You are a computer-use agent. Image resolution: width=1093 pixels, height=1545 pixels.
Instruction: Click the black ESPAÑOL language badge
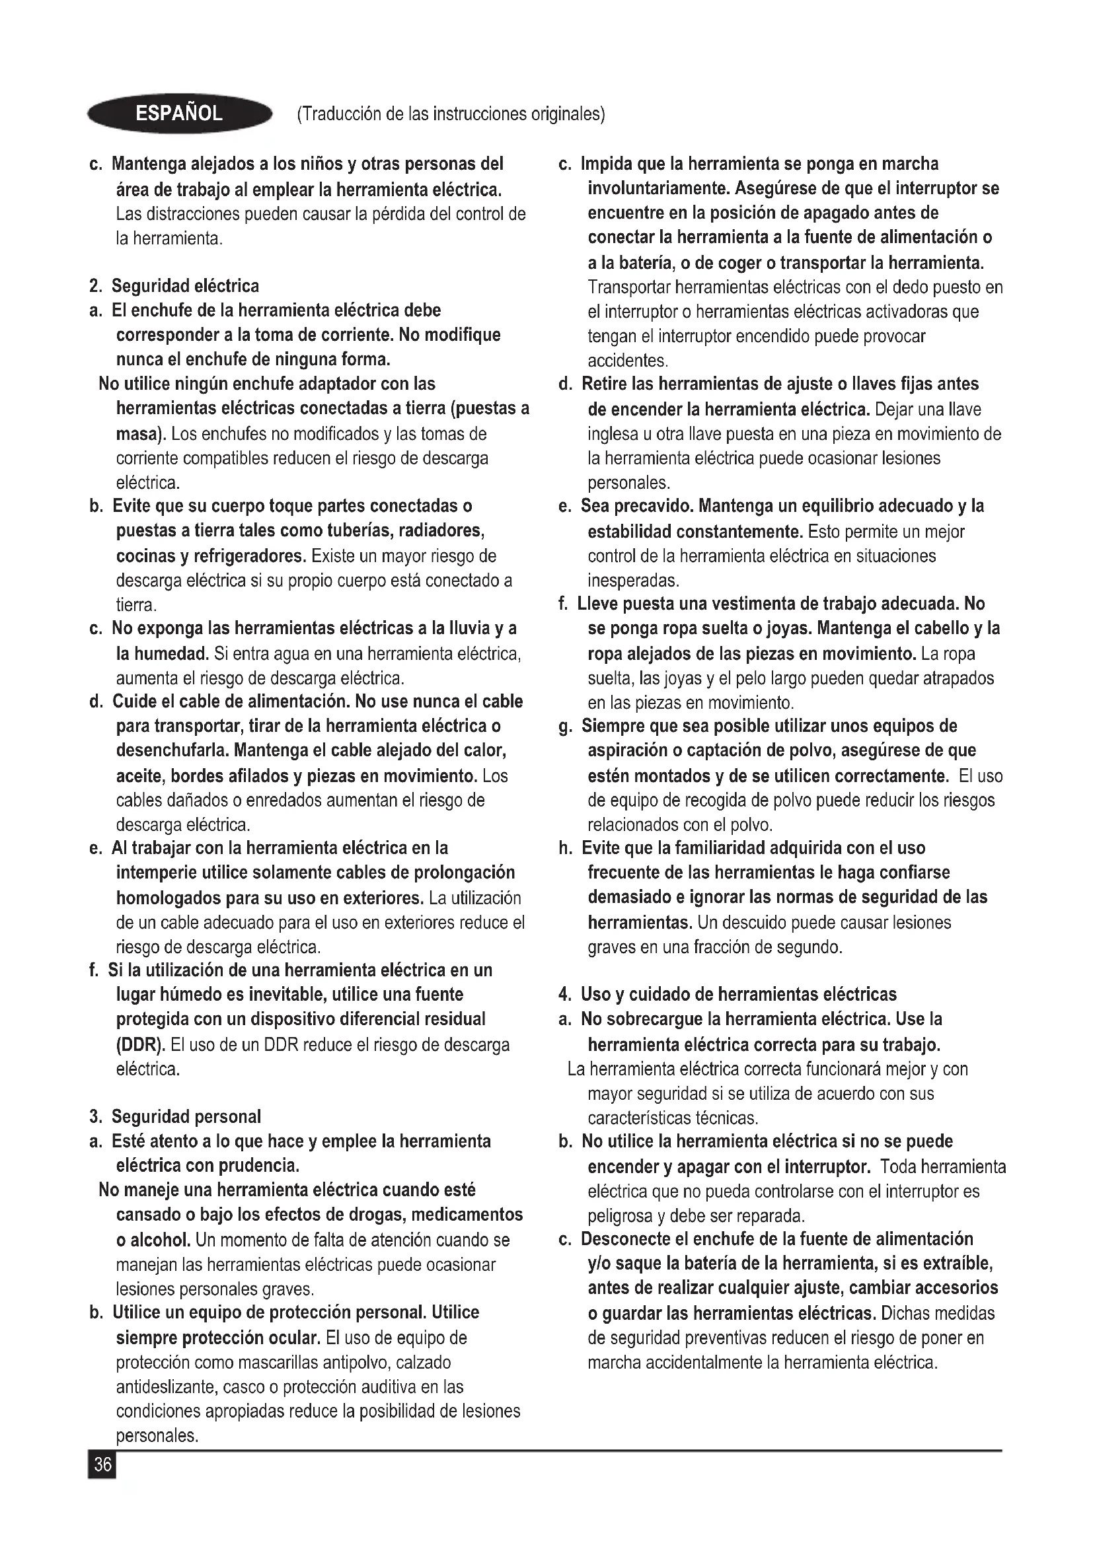click(179, 113)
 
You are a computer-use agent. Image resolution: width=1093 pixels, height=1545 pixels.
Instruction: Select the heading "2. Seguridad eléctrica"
click(174, 286)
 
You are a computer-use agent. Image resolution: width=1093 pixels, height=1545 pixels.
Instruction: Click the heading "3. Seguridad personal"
click(175, 1116)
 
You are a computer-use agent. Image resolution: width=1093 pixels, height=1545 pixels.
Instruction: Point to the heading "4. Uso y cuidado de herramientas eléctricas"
click(728, 994)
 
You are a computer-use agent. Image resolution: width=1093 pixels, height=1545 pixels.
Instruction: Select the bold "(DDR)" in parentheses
click(141, 1044)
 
